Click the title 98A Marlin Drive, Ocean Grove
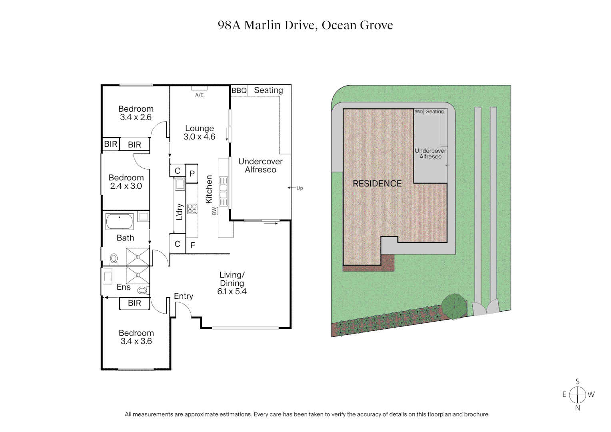click(x=305, y=25)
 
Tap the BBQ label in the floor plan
click(x=239, y=91)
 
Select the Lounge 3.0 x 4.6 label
click(x=199, y=132)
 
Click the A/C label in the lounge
click(x=199, y=95)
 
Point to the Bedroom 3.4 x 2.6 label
click(x=136, y=113)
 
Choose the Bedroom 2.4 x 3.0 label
click(x=126, y=182)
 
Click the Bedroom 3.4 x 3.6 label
click(x=136, y=337)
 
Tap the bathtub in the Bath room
click(x=120, y=221)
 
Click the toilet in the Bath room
click(x=114, y=259)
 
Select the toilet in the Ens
click(x=142, y=290)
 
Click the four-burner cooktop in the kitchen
click(x=192, y=209)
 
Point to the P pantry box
click(x=192, y=174)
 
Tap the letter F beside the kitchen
click(x=193, y=245)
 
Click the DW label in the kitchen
click(x=214, y=211)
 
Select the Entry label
click(x=183, y=296)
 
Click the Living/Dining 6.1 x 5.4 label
click(x=232, y=283)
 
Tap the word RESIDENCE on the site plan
click(x=377, y=184)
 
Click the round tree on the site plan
click(x=454, y=306)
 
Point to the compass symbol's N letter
click(x=577, y=408)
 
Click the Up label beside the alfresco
click(x=300, y=188)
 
